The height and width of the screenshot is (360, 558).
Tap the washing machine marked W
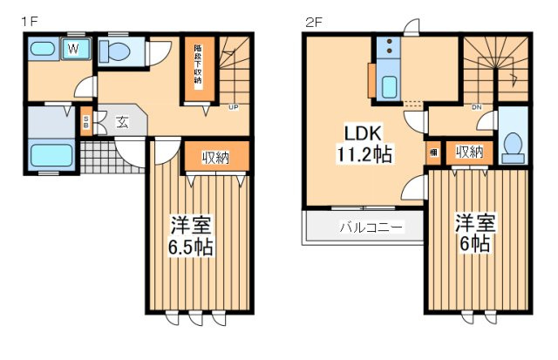pos(73,50)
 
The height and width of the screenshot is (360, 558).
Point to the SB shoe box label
pos(85,122)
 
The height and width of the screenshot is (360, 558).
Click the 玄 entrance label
pos(122,122)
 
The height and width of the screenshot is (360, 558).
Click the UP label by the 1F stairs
pos(234,108)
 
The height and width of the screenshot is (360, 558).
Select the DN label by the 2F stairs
pos(477,108)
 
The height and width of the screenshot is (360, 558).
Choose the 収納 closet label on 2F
pos(469,153)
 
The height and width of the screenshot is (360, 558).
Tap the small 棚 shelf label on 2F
pos(433,152)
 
